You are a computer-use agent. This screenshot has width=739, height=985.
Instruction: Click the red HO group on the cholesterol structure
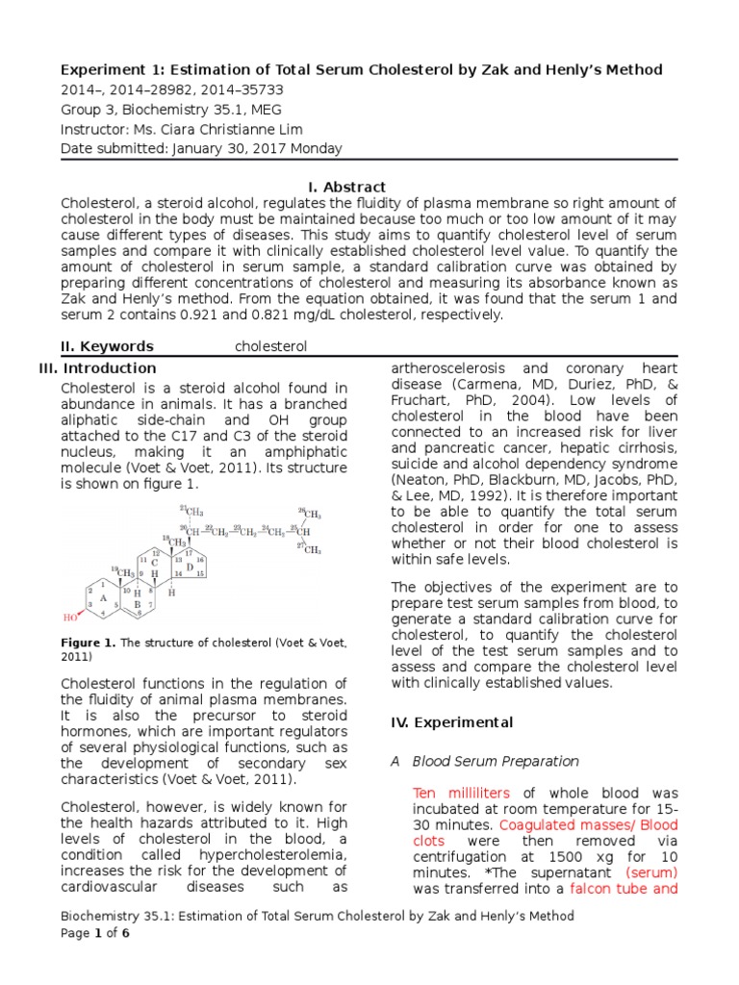[x=71, y=618]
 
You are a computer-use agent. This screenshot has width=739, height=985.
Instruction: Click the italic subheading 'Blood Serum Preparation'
[x=496, y=761]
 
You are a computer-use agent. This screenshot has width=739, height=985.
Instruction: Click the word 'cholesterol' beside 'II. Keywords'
[x=271, y=346]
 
